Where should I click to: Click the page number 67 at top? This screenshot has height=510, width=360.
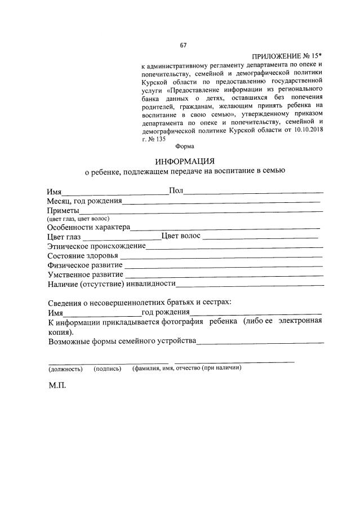pyautogui.click(x=183, y=46)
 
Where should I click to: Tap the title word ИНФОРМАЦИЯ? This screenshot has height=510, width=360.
pyautogui.click(x=185, y=161)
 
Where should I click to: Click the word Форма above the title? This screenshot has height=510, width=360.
pyautogui.click(x=185, y=146)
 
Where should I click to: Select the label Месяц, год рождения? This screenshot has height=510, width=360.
pyautogui.click(x=85, y=200)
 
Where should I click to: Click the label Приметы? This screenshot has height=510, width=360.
pyautogui.click(x=63, y=210)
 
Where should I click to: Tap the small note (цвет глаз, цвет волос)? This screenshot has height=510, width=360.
pyautogui.click(x=78, y=218)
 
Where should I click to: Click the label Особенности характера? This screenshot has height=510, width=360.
pyautogui.click(x=89, y=227)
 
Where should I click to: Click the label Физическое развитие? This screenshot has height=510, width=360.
pyautogui.click(x=85, y=264)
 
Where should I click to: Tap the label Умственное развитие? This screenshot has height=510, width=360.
pyautogui.click(x=86, y=274)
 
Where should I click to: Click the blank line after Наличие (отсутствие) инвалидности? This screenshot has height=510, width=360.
pyautogui.click(x=250, y=285)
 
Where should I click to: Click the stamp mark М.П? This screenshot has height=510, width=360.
pyautogui.click(x=57, y=389)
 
